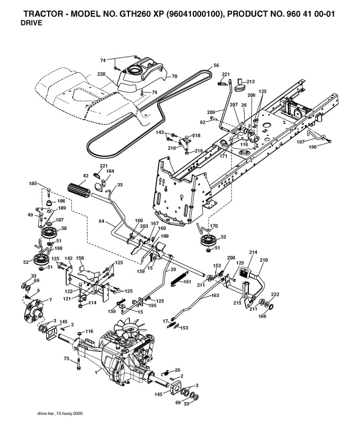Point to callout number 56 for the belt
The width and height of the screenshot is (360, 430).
point(216,66)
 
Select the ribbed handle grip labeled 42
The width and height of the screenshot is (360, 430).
point(79,187)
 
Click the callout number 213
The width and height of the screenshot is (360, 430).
point(251,81)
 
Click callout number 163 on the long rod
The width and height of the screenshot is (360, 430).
point(215,296)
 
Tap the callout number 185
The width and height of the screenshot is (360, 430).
point(33,184)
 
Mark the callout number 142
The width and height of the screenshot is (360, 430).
point(69,259)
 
